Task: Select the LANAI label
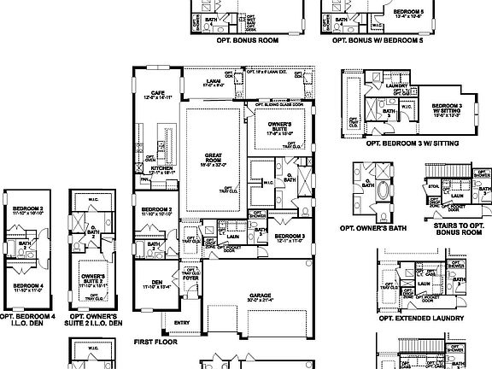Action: [x=208, y=82]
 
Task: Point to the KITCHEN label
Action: [x=161, y=168]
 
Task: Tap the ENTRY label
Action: [x=182, y=322]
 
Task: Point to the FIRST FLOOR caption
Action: [x=156, y=340]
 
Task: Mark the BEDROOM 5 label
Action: [x=407, y=12]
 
